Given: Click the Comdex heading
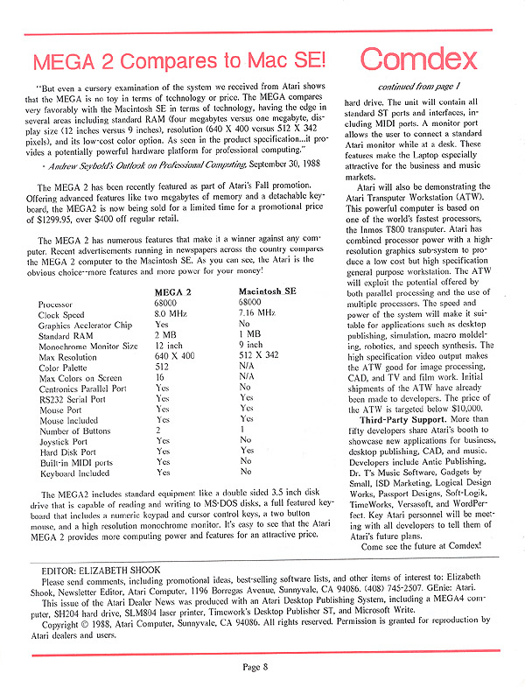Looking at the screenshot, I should pyautogui.click(x=418, y=60).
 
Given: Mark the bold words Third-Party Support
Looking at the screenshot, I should pyautogui.click(x=403, y=395).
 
